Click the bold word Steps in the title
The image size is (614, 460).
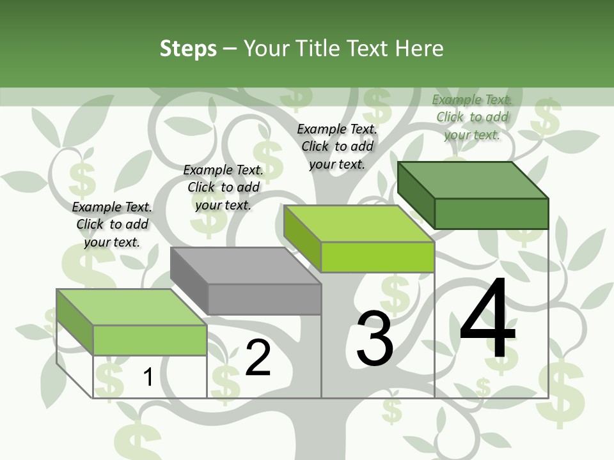pyautogui.click(x=188, y=49)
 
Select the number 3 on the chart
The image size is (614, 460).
pyautogui.click(x=374, y=339)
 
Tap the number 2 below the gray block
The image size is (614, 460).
pyautogui.click(x=258, y=358)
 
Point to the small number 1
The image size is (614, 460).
pyautogui.click(x=148, y=378)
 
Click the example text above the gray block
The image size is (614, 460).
pyautogui.click(x=223, y=187)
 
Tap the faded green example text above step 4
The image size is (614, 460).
pyautogui.click(x=472, y=117)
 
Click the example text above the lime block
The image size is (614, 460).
pyautogui.click(x=337, y=146)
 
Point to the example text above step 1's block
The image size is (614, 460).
pyautogui.click(x=112, y=224)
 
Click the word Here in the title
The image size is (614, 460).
pyautogui.click(x=421, y=49)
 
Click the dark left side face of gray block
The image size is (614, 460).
pyautogui.click(x=189, y=280)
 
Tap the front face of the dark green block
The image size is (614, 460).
pyautogui.click(x=491, y=213)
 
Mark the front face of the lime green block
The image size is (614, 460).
pyautogui.click(x=377, y=257)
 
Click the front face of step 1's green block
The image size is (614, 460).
pyautogui.click(x=150, y=340)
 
